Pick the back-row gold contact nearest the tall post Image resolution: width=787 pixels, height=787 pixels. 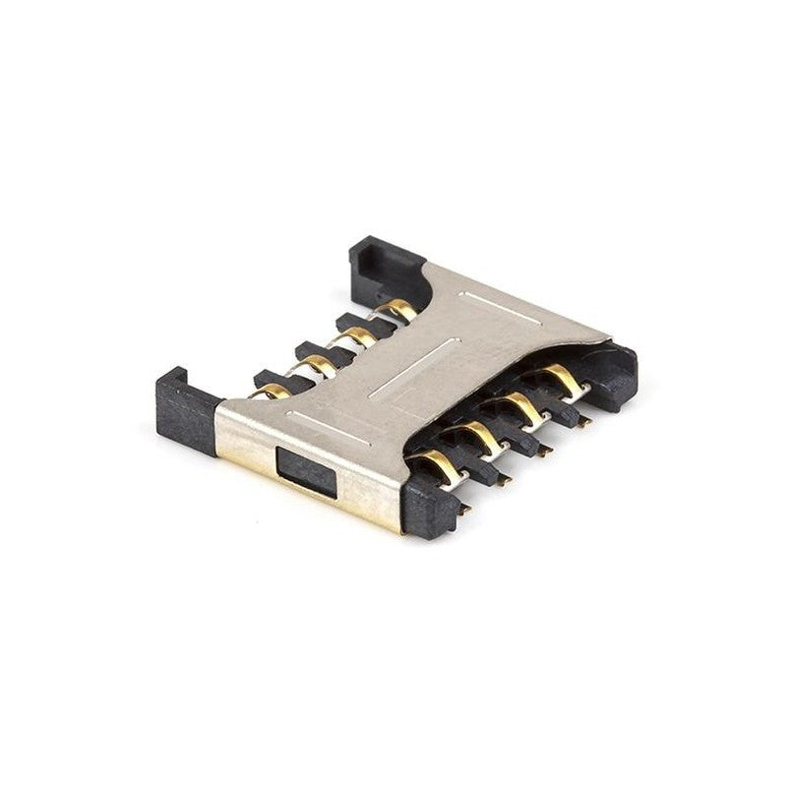point(398,312)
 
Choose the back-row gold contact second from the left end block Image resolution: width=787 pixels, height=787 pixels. point(315,365)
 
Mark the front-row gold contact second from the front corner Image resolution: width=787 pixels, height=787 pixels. point(479,433)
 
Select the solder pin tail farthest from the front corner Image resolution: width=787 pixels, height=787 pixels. point(584,422)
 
